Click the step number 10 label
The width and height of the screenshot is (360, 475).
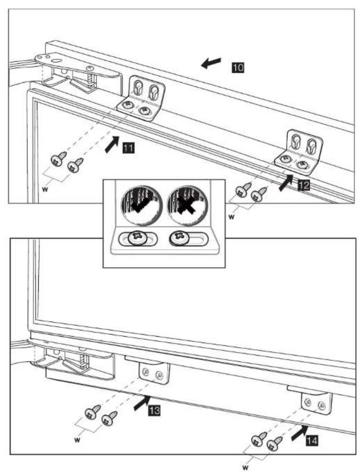[238, 67]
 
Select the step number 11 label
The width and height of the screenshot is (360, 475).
[128, 148]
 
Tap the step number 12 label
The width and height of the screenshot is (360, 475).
[303, 185]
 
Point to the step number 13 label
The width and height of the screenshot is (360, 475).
[154, 411]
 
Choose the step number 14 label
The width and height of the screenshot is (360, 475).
[312, 440]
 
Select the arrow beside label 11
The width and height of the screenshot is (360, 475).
[112, 144]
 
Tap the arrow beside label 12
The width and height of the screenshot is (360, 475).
[286, 182]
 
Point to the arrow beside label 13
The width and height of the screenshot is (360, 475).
[142, 403]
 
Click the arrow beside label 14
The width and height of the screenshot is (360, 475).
[299, 433]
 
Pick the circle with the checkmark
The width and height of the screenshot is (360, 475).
[141, 206]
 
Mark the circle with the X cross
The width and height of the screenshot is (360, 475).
[187, 206]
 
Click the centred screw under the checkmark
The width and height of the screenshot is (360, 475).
[138, 238]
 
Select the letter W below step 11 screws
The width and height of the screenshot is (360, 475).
[45, 190]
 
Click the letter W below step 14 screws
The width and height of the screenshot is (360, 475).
[245, 468]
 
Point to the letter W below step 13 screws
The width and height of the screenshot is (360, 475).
[77, 440]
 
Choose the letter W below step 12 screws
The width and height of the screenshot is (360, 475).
[231, 217]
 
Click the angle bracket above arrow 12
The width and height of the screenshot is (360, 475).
[299, 152]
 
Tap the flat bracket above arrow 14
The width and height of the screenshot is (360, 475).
[317, 403]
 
